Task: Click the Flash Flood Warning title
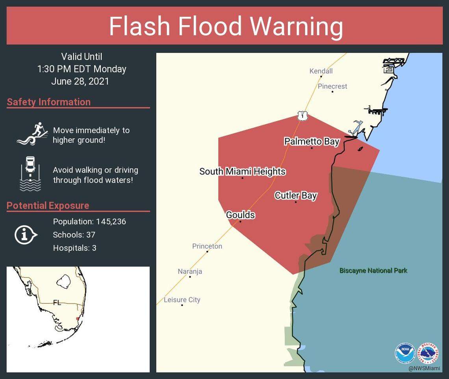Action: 226,26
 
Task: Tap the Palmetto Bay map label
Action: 312,141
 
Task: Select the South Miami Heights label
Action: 242,172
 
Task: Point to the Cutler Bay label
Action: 295,195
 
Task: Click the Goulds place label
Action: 240,215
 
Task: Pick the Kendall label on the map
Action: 321,71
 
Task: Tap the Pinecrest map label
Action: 332,86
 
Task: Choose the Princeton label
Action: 207,246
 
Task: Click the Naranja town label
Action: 190,271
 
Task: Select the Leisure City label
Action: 182,300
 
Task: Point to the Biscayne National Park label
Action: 373,271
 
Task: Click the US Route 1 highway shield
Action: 302,116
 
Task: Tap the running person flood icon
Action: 32,134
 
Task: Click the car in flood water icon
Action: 30,174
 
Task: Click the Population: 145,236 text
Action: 89,222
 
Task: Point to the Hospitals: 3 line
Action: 74,248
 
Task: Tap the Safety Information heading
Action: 48,102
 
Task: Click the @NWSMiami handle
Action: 424,368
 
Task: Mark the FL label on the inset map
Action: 57,302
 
